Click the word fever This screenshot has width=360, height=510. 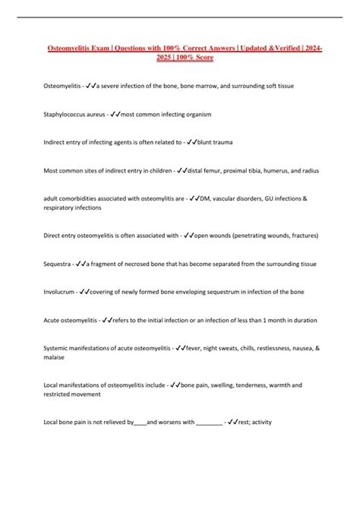(x=193, y=347)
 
